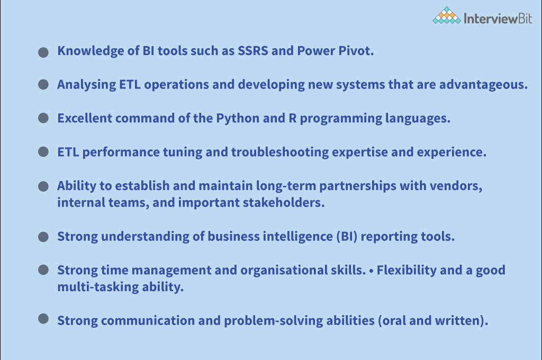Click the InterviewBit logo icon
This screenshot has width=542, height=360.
coord(447,15)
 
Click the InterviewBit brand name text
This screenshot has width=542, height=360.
coord(498,19)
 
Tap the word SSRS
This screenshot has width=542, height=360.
coord(252,51)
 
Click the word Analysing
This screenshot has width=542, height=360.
coord(86,85)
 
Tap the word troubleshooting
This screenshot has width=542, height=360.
coord(280,152)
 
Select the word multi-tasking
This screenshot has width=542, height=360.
coord(98,287)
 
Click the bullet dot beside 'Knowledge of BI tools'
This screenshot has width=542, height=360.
coord(43,52)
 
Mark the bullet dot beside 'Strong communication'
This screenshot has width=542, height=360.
coord(43,319)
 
